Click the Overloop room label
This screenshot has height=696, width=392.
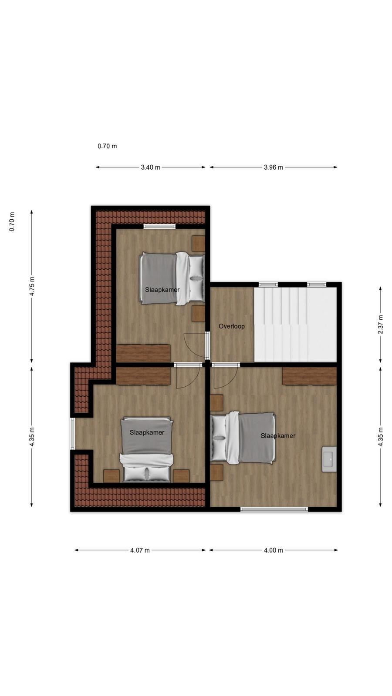pyautogui.click(x=231, y=326)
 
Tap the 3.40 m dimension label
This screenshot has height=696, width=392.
pyautogui.click(x=151, y=167)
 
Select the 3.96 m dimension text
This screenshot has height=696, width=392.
pyautogui.click(x=274, y=167)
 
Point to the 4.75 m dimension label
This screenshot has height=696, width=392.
pyautogui.click(x=32, y=286)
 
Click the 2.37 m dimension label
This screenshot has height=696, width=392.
pyautogui.click(x=381, y=325)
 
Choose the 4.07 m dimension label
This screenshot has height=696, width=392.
pyautogui.click(x=140, y=550)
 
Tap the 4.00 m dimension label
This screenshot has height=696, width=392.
pyautogui.click(x=274, y=550)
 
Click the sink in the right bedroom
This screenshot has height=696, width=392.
pyautogui.click(x=329, y=459)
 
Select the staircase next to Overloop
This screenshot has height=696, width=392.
pyautogui.click(x=296, y=325)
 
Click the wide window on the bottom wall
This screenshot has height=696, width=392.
pyautogui.click(x=274, y=509)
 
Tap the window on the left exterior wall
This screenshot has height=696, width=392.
pyautogui.click(x=72, y=434)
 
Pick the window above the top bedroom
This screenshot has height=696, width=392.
pyautogui.click(x=159, y=226)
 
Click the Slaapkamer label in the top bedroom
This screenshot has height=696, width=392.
pyautogui.click(x=162, y=290)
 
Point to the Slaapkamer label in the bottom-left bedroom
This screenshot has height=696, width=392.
pyautogui.click(x=147, y=432)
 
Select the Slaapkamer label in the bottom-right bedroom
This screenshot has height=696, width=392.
pyautogui.click(x=278, y=436)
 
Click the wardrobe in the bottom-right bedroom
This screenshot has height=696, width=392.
pyautogui.click(x=310, y=376)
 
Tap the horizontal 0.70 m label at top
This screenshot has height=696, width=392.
pyautogui.click(x=107, y=146)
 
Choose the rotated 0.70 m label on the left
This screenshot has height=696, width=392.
pyautogui.click(x=12, y=221)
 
